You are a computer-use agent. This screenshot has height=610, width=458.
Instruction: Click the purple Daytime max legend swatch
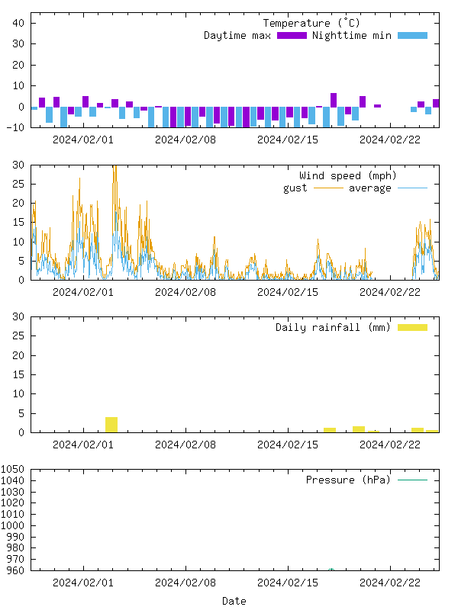click(x=292, y=36)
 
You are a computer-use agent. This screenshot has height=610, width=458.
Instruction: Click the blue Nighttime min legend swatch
click(x=412, y=36)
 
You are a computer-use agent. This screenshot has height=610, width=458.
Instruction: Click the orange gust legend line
click(x=328, y=188)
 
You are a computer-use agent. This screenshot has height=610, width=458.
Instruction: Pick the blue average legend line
click(x=412, y=188)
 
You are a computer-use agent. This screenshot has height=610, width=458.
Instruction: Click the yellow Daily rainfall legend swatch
click(x=412, y=328)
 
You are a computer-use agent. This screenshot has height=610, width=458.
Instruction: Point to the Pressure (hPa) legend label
click(x=347, y=480)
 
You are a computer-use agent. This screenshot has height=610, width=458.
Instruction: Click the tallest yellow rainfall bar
click(x=111, y=425)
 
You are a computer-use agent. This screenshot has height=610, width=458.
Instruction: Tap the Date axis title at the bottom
click(x=234, y=601)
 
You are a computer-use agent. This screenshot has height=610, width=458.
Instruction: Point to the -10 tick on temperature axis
click(x=16, y=127)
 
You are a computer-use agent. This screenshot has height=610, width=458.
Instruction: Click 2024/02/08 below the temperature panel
click(x=185, y=140)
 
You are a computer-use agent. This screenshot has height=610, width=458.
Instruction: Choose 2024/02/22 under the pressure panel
click(x=390, y=583)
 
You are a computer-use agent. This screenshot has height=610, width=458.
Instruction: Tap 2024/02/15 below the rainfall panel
click(x=288, y=445)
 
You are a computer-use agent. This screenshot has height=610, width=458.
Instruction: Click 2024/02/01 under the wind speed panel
click(x=83, y=292)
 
